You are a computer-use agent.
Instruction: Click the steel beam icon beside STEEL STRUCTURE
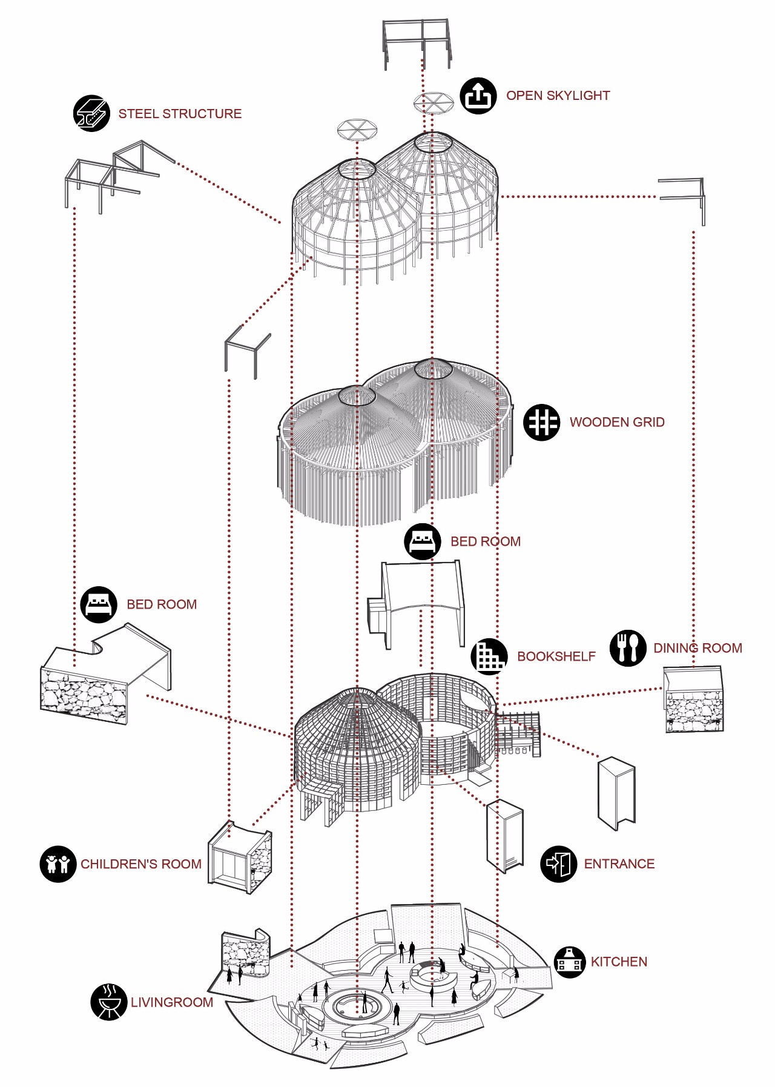tap(91, 113)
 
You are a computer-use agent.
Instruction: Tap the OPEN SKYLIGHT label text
tap(558, 96)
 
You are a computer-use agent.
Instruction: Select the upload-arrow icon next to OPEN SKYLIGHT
tap(478, 96)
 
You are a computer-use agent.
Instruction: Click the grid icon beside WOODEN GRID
tap(542, 422)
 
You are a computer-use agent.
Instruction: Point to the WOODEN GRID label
tap(616, 422)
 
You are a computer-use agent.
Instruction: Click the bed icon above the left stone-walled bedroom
tap(99, 604)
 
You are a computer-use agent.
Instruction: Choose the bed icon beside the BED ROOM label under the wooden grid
tap(423, 541)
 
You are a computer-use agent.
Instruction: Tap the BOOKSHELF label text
tap(556, 656)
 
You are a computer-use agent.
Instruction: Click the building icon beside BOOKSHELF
tap(489, 656)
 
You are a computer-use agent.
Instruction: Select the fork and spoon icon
tap(628, 648)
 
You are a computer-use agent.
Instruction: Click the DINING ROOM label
tap(697, 648)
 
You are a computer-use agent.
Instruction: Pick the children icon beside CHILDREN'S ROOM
tap(58, 864)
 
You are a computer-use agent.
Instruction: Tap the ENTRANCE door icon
tap(558, 864)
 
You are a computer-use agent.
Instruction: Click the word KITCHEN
tap(619, 962)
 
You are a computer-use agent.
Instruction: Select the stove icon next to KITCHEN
tap(570, 962)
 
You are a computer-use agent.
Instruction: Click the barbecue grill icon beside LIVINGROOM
tap(109, 1002)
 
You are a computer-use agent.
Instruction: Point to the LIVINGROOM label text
tap(172, 1002)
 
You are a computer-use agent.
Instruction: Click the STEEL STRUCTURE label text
tap(180, 114)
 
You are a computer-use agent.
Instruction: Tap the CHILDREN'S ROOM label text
tap(141, 864)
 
